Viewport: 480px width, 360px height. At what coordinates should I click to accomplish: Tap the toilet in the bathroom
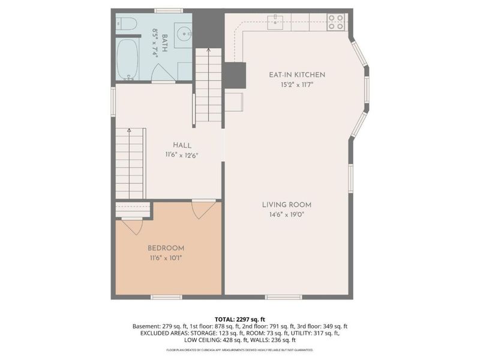(x=123, y=26)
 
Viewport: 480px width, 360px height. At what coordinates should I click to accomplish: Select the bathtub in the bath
(x=128, y=60)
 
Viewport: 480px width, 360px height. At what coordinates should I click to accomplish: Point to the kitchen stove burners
(x=336, y=22)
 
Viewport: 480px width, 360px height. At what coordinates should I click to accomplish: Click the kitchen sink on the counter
(x=276, y=21)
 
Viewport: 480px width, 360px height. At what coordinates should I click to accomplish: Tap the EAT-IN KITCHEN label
(x=296, y=75)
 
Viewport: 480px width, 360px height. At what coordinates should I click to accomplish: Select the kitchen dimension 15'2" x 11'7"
(x=296, y=85)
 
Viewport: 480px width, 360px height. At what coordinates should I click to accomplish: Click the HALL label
(x=182, y=145)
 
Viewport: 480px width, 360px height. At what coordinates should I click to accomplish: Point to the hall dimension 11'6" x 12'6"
(x=182, y=155)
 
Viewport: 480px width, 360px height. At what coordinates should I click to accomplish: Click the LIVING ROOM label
(x=286, y=205)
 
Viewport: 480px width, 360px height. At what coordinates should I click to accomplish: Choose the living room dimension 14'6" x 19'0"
(x=286, y=214)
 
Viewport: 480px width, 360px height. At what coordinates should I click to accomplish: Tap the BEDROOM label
(x=166, y=248)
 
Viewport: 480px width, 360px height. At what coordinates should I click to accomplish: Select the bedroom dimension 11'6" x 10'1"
(x=166, y=257)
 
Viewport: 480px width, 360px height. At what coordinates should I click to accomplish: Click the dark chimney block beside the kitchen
(x=235, y=76)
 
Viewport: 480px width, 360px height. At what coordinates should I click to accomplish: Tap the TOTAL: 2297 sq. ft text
(x=240, y=319)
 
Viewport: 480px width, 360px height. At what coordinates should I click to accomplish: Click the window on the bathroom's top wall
(x=169, y=10)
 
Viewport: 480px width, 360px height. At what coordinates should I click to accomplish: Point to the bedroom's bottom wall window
(x=166, y=296)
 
